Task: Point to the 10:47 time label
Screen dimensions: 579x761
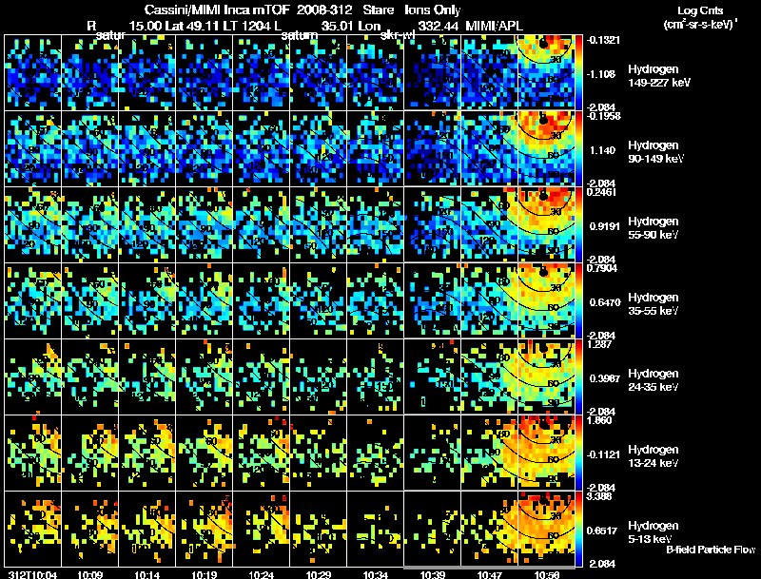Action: (x=490, y=574)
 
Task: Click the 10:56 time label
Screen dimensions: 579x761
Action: (x=547, y=574)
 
